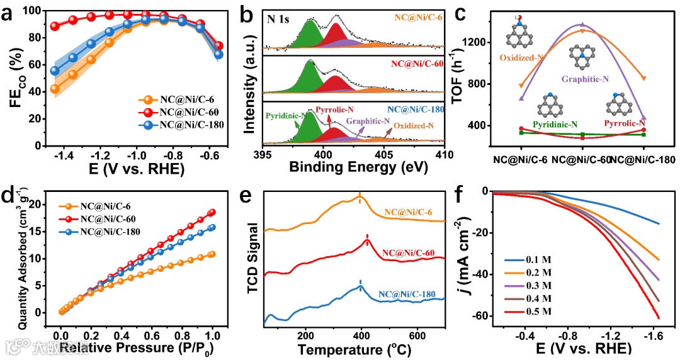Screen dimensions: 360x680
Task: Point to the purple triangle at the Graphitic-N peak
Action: (582, 25)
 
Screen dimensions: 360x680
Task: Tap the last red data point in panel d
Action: (212, 212)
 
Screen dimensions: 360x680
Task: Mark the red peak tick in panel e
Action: (367, 238)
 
